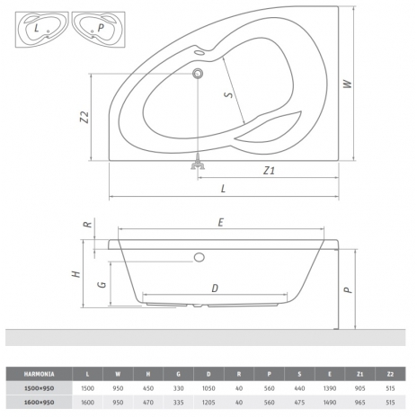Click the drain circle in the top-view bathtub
pyautogui.click(x=198, y=73)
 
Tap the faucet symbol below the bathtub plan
pyautogui.click(x=198, y=162)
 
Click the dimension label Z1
pyautogui.click(x=269, y=171)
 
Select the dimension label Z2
pyautogui.click(x=84, y=117)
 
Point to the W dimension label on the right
pyautogui.click(x=347, y=84)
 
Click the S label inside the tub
pyautogui.click(x=228, y=94)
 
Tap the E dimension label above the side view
pyautogui.click(x=221, y=223)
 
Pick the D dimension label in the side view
pyautogui.click(x=215, y=288)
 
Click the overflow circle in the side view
pyautogui.click(x=200, y=257)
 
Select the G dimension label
pyautogui.click(x=102, y=284)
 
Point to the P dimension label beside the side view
pyautogui.click(x=348, y=289)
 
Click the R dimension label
pyautogui.click(x=88, y=224)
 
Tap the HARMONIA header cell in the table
pyautogui.click(x=39, y=374)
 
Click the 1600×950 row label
pyautogui.click(x=39, y=403)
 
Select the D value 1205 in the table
pyautogui.click(x=208, y=403)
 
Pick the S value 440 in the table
pyautogui.click(x=299, y=388)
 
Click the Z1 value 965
pyautogui.click(x=359, y=403)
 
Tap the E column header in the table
pyautogui.click(x=330, y=374)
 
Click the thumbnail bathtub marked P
pyautogui.click(x=98, y=29)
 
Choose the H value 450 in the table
pyautogui.click(x=148, y=388)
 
